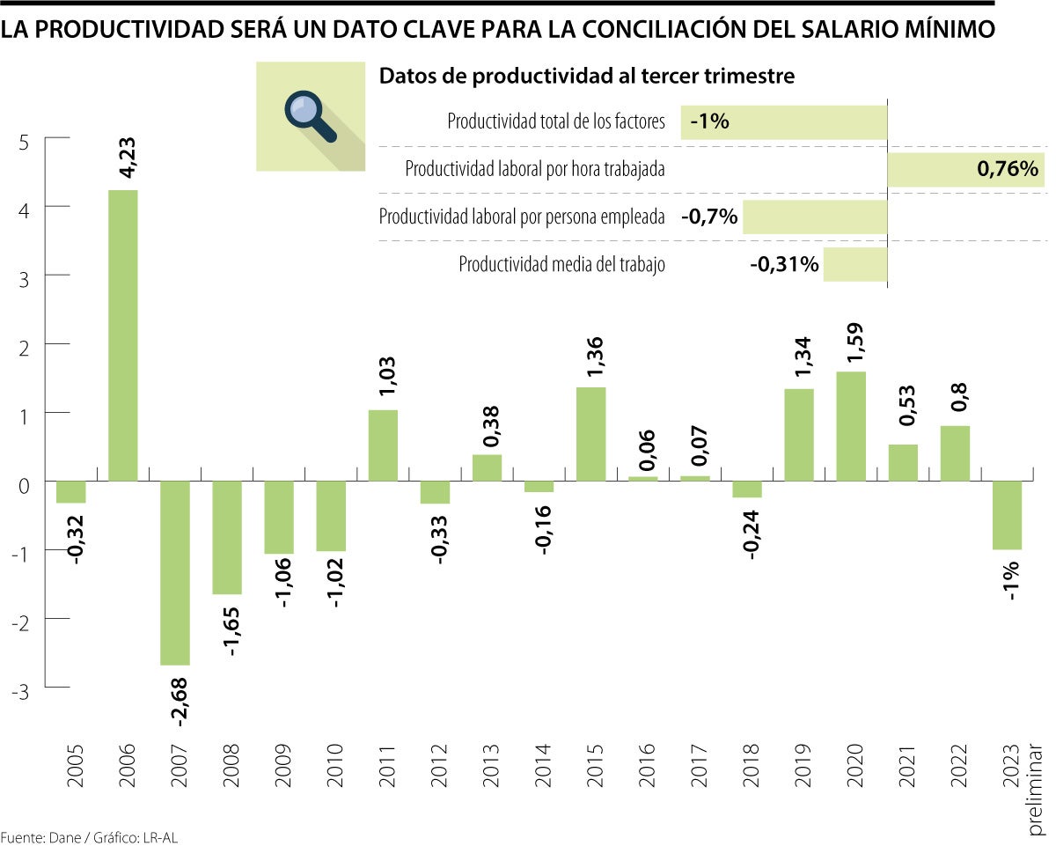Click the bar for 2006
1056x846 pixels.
pyautogui.click(x=122, y=335)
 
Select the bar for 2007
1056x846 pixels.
pyautogui.click(x=174, y=573)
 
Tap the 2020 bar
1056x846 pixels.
pyautogui.click(x=851, y=426)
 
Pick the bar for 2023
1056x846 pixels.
pyautogui.click(x=1007, y=515)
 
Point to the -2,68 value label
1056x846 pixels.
pyautogui.click(x=179, y=701)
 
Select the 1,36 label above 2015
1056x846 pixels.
pyautogui.click(x=590, y=355)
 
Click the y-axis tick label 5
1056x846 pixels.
pyautogui.click(x=24, y=141)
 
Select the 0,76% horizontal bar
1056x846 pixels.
pyautogui.click(x=965, y=169)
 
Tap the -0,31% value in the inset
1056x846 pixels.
pyautogui.click(x=784, y=264)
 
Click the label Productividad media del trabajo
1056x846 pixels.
pyautogui.click(x=561, y=264)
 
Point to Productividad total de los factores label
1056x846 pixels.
pyautogui.click(x=556, y=121)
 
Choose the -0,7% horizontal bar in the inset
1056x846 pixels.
pyautogui.click(x=815, y=217)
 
